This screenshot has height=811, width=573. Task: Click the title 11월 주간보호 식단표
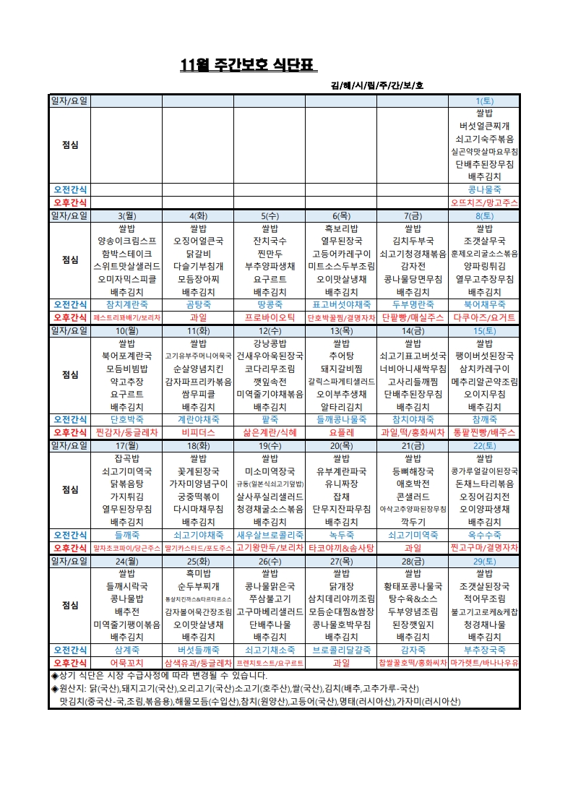[x=248, y=67]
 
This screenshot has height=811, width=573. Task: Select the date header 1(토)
[x=483, y=100]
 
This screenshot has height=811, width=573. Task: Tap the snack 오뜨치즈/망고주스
[x=483, y=203]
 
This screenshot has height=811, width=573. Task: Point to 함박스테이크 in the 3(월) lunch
[x=126, y=254]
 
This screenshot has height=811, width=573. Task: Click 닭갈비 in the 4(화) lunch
[x=197, y=254]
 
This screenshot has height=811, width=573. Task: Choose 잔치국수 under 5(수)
[x=270, y=241]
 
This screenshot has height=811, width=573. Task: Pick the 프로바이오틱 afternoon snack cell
[x=270, y=317]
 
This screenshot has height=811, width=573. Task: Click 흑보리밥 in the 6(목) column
[x=340, y=228]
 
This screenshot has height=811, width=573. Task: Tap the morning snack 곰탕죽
[x=197, y=304]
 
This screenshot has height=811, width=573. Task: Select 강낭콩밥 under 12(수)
[x=270, y=343]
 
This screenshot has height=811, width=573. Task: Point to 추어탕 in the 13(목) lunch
[x=340, y=356]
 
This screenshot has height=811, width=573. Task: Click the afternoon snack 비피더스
[x=197, y=432]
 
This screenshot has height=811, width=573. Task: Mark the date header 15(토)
[x=483, y=330]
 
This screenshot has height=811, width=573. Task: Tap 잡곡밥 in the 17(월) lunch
[x=126, y=458]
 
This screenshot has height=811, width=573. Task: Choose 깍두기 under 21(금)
[x=412, y=521]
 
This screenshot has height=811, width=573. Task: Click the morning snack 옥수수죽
[x=483, y=535]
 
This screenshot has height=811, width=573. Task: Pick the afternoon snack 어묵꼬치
[x=126, y=662]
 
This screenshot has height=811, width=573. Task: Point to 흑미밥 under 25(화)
[x=197, y=572]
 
